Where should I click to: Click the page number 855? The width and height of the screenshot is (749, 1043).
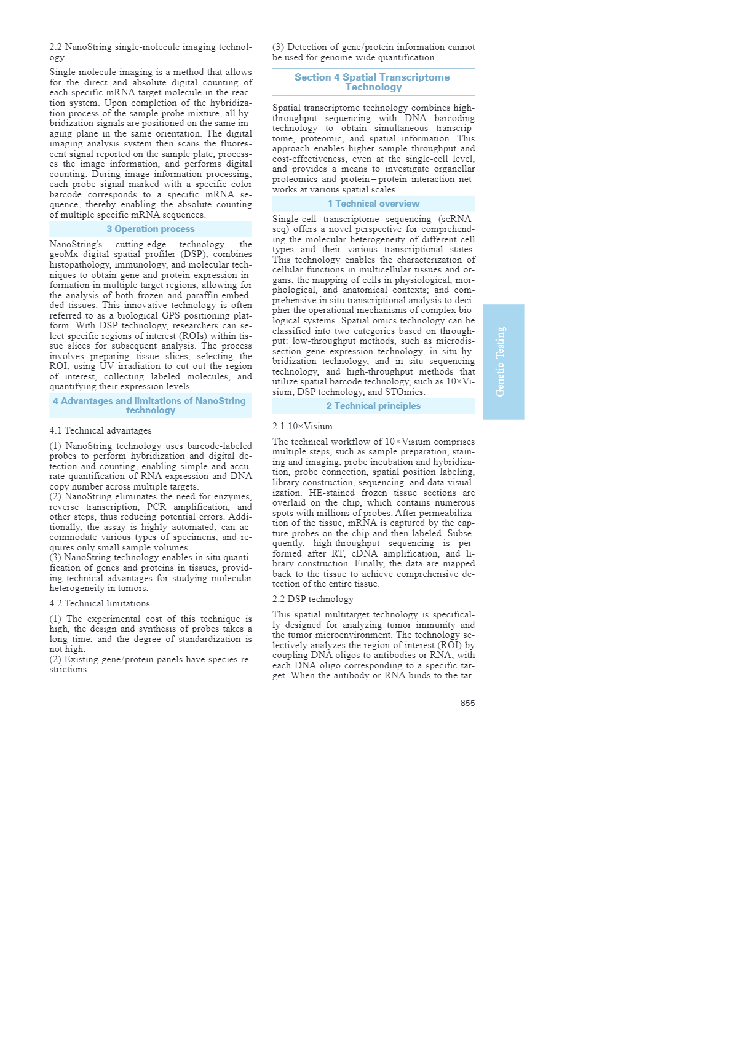(x=467, y=703)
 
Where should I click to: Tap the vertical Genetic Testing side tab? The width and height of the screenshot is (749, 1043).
(x=503, y=362)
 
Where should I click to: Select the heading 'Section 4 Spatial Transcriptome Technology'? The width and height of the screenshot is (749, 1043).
(x=373, y=82)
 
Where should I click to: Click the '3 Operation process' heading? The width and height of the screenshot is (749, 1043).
(x=151, y=229)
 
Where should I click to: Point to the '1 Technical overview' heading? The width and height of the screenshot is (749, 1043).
(x=373, y=204)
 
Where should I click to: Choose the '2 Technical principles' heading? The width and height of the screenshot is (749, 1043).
(x=373, y=406)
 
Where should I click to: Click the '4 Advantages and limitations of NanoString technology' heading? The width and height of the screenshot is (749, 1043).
(x=150, y=405)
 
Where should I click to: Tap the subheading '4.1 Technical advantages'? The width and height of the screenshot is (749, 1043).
(x=100, y=430)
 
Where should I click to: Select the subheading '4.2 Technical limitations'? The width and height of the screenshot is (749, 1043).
(x=100, y=603)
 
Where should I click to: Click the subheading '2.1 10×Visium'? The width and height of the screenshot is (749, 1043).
(x=303, y=426)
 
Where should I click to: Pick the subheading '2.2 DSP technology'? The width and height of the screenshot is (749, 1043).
(x=313, y=599)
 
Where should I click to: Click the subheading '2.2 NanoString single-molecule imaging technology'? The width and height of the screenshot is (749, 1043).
(x=150, y=52)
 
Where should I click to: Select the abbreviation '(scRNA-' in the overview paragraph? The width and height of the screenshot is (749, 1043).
(x=456, y=219)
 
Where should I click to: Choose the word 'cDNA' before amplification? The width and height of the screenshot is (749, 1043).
(x=364, y=553)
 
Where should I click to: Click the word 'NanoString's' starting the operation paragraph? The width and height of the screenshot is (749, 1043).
(x=76, y=244)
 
